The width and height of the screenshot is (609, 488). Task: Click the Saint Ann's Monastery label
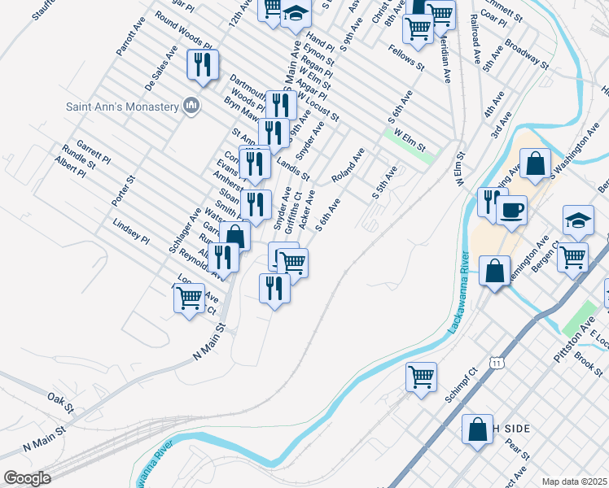click(122, 107)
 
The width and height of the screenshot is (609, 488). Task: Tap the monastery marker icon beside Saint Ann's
click(192, 105)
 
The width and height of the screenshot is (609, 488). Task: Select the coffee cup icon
click(511, 211)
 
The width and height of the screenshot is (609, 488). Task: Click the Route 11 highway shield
click(496, 360)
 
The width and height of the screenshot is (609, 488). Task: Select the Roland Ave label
click(347, 165)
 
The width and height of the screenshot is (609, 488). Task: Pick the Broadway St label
click(522, 52)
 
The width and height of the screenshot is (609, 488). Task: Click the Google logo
click(27, 478)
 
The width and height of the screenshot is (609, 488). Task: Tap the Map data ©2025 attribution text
click(574, 481)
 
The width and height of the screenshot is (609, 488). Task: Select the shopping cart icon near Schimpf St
click(421, 377)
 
